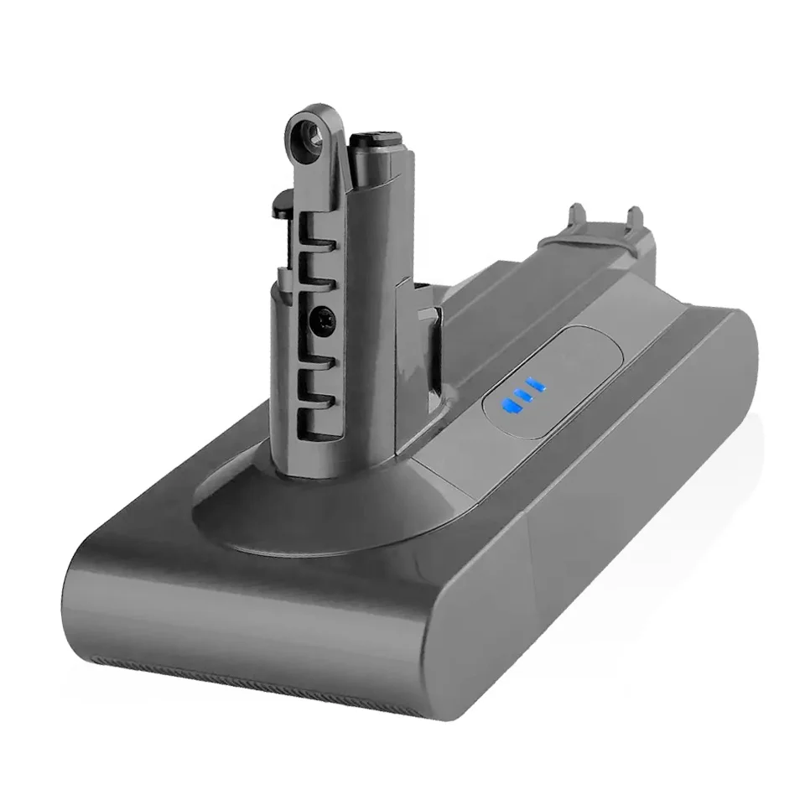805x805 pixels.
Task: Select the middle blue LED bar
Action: [x=522, y=396]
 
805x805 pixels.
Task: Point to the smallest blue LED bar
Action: [x=536, y=387]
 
